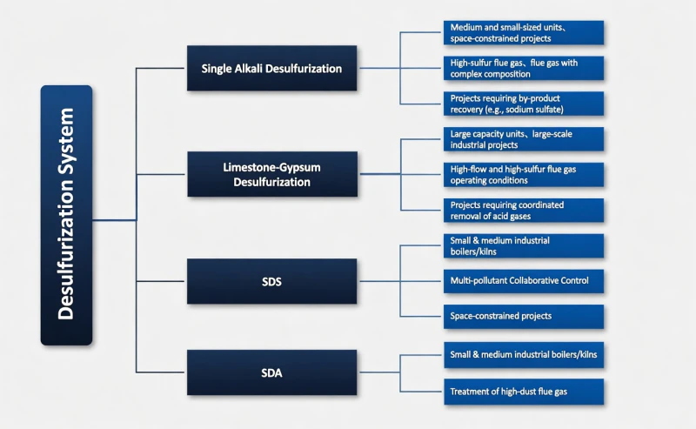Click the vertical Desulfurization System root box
(66, 215)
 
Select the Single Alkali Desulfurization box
(271, 68)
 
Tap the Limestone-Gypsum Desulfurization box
(271, 173)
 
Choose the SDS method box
(271, 281)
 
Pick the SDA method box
(271, 372)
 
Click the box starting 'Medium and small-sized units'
(523, 32)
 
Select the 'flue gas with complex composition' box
(523, 68)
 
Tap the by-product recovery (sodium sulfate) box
(523, 104)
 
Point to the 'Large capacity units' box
(523, 139)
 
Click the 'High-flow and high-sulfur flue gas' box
(523, 174)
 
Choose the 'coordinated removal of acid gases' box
(523, 210)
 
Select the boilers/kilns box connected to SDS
(523, 245)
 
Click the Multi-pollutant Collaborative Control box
(523, 280)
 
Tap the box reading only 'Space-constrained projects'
(523, 316)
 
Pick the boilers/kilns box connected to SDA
(523, 355)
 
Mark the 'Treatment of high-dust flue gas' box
(523, 391)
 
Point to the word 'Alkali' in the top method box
(258, 68)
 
